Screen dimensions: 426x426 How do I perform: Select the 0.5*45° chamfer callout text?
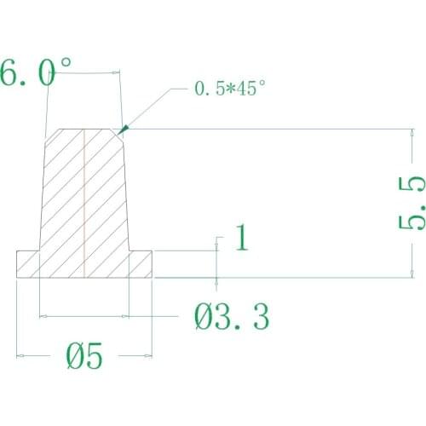[230, 89]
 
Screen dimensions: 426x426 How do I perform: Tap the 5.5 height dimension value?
[412, 203]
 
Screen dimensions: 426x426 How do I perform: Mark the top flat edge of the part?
[85, 129]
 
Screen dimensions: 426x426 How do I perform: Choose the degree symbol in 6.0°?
[65, 65]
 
